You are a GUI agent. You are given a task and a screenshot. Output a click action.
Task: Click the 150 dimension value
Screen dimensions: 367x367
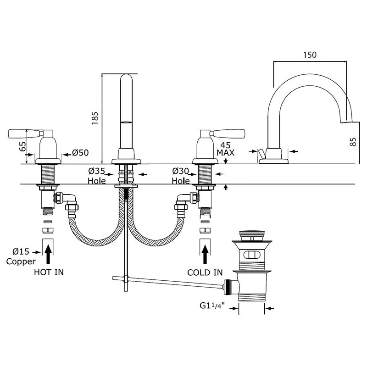click(310, 55)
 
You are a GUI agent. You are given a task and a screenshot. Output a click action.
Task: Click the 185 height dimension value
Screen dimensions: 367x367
click(95, 118)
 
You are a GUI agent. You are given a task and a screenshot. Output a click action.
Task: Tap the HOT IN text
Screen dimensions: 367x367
click(49, 272)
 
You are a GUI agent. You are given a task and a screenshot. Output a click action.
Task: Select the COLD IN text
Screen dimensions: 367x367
click(205, 272)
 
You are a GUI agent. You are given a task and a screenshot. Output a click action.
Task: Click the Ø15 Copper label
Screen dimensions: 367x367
click(21, 256)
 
